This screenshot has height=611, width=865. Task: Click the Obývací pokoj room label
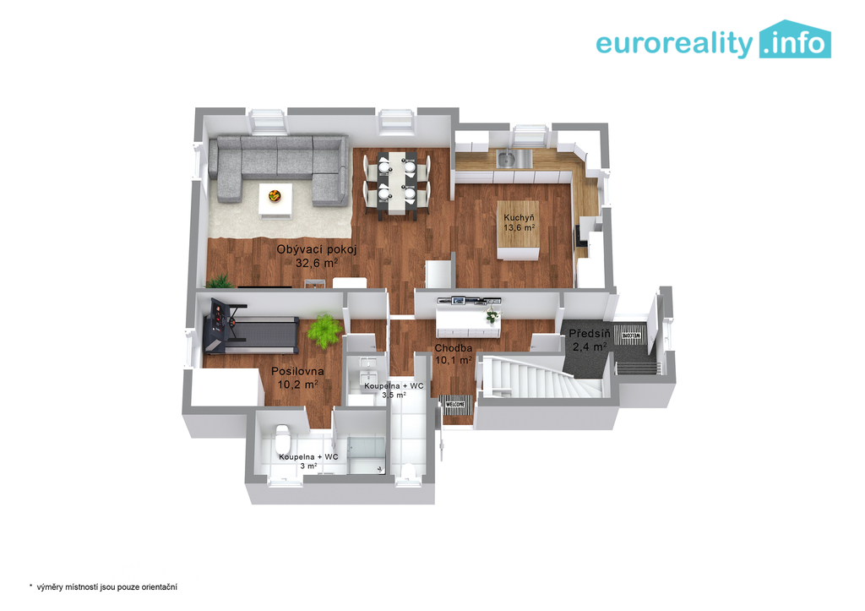317,249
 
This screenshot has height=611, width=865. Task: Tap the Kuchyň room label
519,218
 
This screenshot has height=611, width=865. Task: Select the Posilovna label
297,372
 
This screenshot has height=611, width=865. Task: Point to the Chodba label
454,348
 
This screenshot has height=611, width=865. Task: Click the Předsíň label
590,334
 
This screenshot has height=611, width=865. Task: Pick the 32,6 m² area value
317,264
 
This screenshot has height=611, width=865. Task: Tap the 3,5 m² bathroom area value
394,396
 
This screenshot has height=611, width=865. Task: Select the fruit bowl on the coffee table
275,195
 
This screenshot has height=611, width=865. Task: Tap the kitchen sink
506,160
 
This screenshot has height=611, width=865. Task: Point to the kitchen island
518,230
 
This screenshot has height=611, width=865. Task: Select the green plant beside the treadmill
324,330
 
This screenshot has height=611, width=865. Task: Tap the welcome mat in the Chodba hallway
455,405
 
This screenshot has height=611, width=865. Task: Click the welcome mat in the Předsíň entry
630,335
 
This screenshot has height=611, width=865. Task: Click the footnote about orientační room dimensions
103,587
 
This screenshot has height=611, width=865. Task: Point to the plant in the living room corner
220,281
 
